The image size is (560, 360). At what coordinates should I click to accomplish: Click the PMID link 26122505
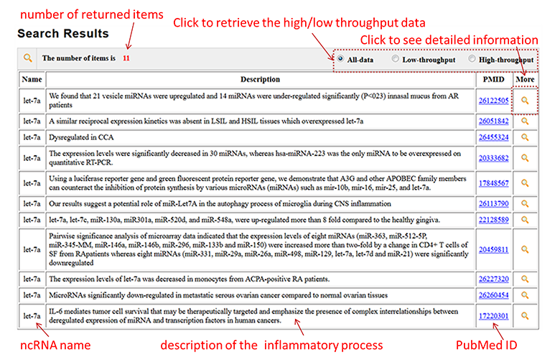click(x=494, y=101)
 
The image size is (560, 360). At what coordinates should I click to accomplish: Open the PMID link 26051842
click(x=494, y=121)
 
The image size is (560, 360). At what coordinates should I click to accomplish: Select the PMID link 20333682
click(x=494, y=158)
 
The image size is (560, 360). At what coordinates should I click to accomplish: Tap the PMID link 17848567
click(x=494, y=183)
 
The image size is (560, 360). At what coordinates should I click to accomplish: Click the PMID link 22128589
click(x=494, y=219)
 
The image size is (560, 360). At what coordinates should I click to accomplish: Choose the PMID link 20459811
click(x=494, y=249)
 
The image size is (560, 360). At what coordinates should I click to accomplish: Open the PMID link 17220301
click(x=494, y=315)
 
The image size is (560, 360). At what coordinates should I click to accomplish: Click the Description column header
click(x=260, y=79)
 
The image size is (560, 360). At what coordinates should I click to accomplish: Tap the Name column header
click(x=31, y=79)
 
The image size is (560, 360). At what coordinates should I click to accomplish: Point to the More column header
click(x=526, y=79)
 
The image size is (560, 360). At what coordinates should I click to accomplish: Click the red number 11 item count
click(x=126, y=58)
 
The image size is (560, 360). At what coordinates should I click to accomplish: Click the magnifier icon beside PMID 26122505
click(x=526, y=101)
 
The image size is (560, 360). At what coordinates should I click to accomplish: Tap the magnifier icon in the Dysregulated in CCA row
click(x=526, y=137)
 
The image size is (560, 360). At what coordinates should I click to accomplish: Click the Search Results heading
click(x=63, y=34)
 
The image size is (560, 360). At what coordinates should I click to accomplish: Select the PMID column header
click(x=494, y=79)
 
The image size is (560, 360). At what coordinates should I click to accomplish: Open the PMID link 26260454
click(x=494, y=295)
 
